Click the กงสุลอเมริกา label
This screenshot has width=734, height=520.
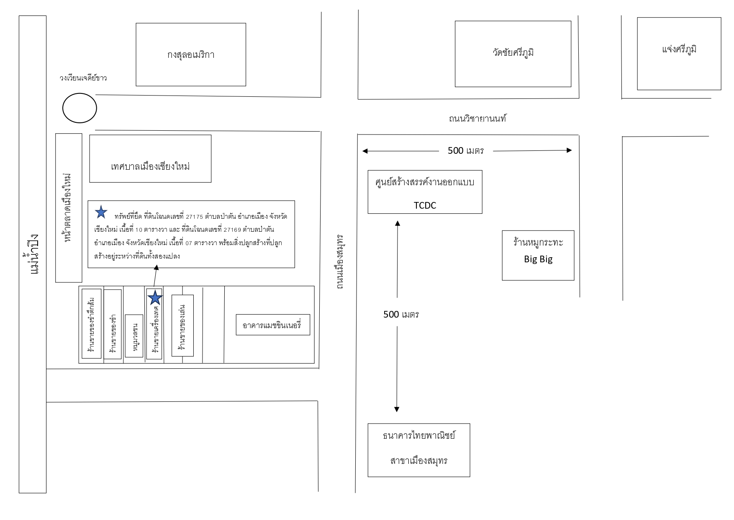[x=191, y=54]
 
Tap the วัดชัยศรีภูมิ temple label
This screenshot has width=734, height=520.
[x=513, y=53]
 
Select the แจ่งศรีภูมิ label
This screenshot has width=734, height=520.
[x=680, y=49]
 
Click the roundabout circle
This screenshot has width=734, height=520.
[x=80, y=108]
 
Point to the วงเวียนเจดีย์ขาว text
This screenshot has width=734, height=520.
[x=83, y=78]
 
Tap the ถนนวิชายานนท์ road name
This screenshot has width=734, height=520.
[x=477, y=119]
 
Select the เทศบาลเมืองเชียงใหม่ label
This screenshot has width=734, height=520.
[x=151, y=166]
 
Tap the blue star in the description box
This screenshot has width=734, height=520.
[x=101, y=212]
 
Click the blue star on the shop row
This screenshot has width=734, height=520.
[x=155, y=298]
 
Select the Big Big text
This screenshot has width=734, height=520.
[x=538, y=259]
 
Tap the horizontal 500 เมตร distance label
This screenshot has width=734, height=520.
[x=465, y=150]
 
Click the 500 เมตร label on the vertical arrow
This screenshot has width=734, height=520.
[x=401, y=314]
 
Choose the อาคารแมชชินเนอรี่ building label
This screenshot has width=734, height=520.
[x=272, y=325]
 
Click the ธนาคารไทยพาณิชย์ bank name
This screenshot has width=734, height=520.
[x=419, y=435]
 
